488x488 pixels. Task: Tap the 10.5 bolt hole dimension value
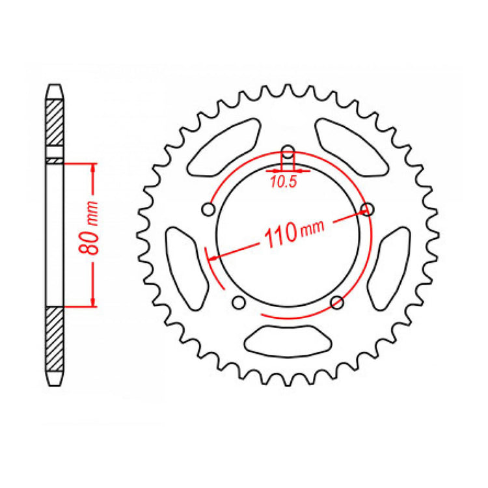(x=283, y=183)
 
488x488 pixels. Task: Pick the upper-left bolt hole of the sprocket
(x=209, y=210)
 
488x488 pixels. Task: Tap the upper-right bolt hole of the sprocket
(x=368, y=209)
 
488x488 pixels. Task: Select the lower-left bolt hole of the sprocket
(x=239, y=302)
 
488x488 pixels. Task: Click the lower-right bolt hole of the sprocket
(x=337, y=302)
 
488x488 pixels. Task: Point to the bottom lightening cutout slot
(x=288, y=339)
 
